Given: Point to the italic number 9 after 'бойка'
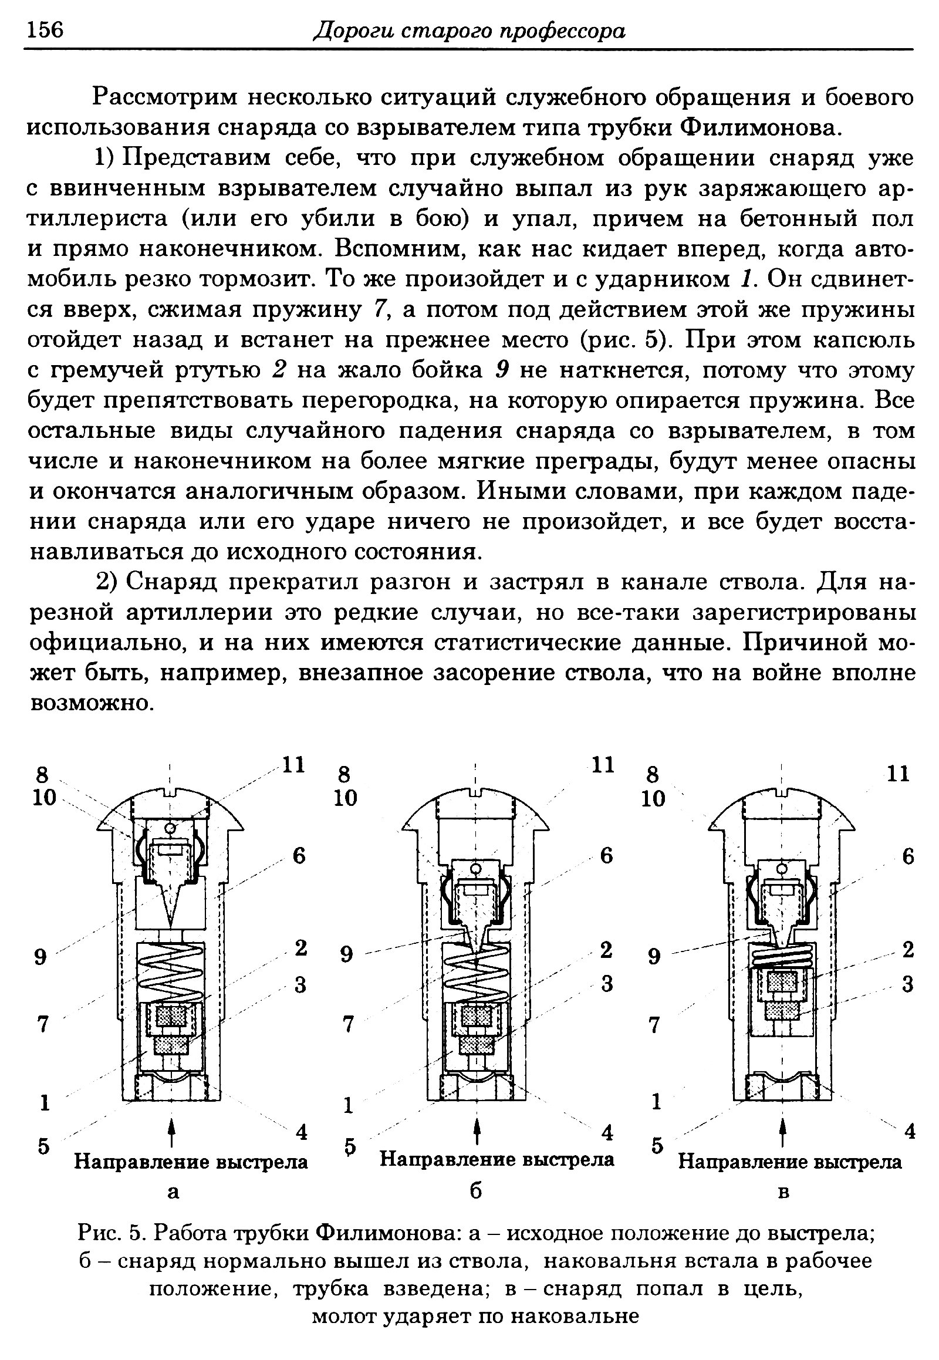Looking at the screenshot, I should click(x=501, y=370).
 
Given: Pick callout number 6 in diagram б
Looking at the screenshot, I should click(x=606, y=855).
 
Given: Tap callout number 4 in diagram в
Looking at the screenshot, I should click(x=909, y=1132).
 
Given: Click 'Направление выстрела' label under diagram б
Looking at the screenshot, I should click(x=496, y=1159).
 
